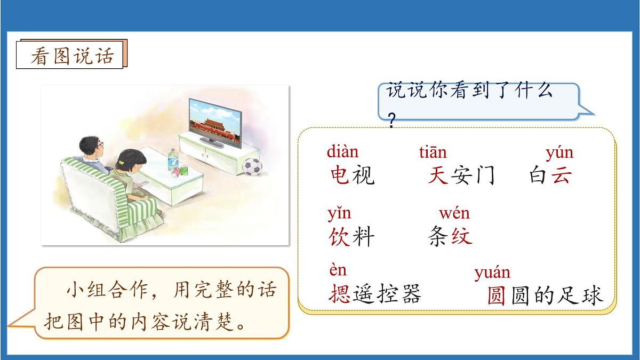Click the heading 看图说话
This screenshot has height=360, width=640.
pos(72,55)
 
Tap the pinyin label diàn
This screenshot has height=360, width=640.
pos(342,152)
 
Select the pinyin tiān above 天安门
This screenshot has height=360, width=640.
pos(433,153)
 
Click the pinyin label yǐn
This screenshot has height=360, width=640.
pos(339,213)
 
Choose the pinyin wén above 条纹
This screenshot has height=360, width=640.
pos(454,214)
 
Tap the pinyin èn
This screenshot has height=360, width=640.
pos(338,270)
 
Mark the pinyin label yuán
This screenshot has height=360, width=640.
pos(492,273)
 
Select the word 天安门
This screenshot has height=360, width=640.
pos(461,175)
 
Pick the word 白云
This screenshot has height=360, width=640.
pos(550,175)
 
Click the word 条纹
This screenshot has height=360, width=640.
pos(450,236)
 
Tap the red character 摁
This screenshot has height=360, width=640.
pos(339,293)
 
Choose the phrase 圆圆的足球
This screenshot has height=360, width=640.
pos(545,295)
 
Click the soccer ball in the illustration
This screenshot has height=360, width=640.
pos(253,166)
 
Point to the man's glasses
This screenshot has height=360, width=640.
pos(100,145)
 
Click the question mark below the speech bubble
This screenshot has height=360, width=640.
pos(392,122)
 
